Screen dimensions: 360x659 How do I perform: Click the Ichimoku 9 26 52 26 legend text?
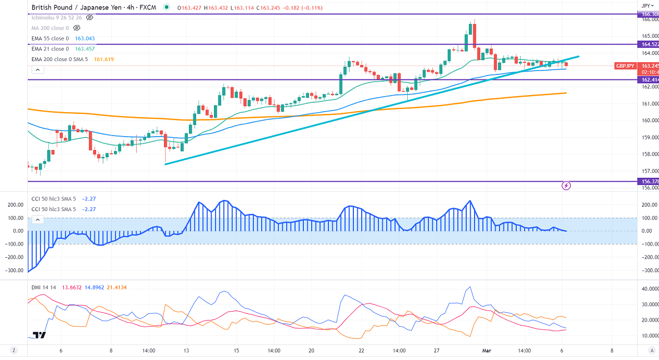click(57, 17)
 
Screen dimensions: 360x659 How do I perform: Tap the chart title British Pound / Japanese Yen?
click(83, 8)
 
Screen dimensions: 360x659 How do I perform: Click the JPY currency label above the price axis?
click(645, 5)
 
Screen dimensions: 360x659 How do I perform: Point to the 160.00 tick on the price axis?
click(650, 121)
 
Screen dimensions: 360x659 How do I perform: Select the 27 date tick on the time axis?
click(437, 351)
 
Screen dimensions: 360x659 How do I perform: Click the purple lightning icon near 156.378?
click(566, 185)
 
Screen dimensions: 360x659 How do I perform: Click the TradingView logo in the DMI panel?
click(39, 335)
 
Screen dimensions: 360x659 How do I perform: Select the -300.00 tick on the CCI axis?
click(648, 270)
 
